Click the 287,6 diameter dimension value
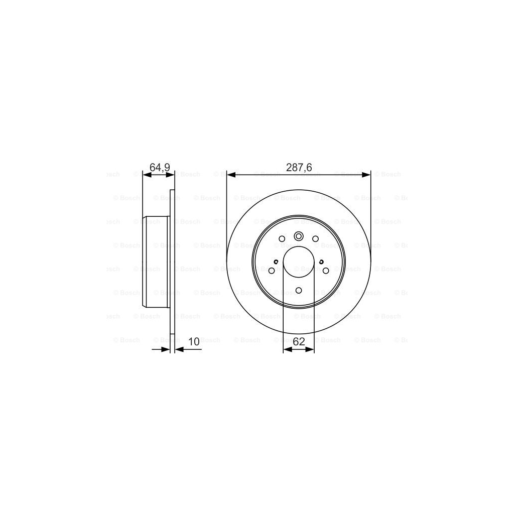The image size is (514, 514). click(299, 168)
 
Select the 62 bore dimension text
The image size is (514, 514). click(299, 342)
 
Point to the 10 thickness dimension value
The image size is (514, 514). click(194, 342)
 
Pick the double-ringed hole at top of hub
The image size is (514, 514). click(299, 236)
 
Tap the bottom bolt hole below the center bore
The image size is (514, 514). click(299, 290)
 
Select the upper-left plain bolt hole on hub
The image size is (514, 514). click(282, 239)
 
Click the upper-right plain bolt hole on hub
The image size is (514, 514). click(315, 239)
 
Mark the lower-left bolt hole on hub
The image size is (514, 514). click(272, 271)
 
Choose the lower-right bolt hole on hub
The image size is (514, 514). click(326, 271)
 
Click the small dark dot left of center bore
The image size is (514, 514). click(277, 262)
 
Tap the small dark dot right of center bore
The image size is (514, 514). click(321, 262)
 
